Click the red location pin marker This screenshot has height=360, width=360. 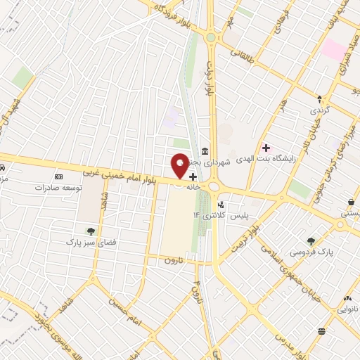(180, 166)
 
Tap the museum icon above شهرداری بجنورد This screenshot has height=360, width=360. (204, 152)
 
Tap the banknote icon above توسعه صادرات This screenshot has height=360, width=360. (58, 176)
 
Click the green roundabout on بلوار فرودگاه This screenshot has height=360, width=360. (210, 37)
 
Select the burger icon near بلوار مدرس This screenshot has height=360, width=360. (321, 331)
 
